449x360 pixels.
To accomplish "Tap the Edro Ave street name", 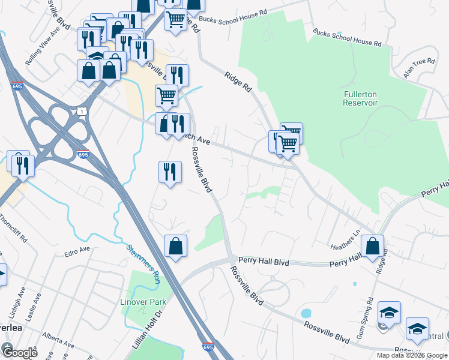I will [77, 250].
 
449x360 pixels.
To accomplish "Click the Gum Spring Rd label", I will [365, 318].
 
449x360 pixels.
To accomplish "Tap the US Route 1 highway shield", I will [82, 110].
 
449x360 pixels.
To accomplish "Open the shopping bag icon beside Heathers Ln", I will [372, 246].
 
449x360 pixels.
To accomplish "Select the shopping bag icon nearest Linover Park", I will [175, 246].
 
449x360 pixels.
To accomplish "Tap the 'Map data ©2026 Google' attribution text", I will [412, 355].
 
